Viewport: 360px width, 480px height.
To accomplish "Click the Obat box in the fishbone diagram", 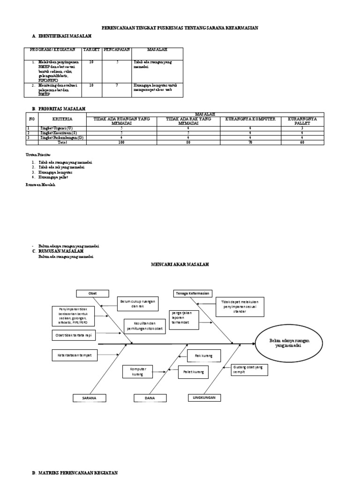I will (92, 293).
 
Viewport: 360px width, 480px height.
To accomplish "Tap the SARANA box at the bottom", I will (89, 398).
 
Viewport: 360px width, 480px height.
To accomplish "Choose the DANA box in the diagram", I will (150, 398).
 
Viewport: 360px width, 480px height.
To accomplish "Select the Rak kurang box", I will (204, 356).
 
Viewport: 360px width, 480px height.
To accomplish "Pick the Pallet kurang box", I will (193, 372).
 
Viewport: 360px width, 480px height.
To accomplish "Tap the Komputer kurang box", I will (139, 372).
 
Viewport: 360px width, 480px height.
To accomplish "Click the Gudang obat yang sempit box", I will (248, 370).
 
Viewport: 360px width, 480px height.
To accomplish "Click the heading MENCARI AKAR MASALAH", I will (180, 265).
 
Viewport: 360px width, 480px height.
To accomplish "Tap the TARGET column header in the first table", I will (88, 49).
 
